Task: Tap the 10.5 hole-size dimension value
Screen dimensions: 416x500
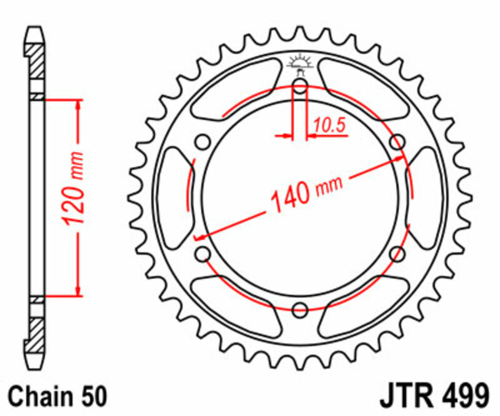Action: [329, 126]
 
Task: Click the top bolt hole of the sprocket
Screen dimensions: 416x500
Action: [300, 86]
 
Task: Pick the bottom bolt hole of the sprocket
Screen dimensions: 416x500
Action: [300, 308]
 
